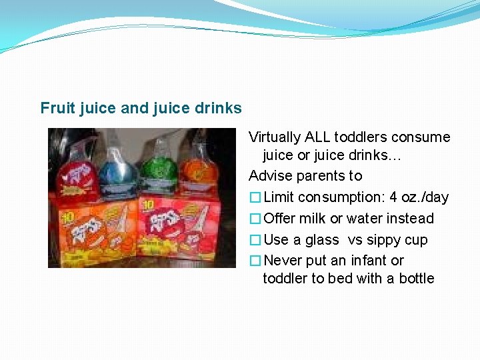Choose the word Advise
(269, 176)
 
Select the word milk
(311, 219)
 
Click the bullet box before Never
(255, 261)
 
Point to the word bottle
(417, 279)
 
